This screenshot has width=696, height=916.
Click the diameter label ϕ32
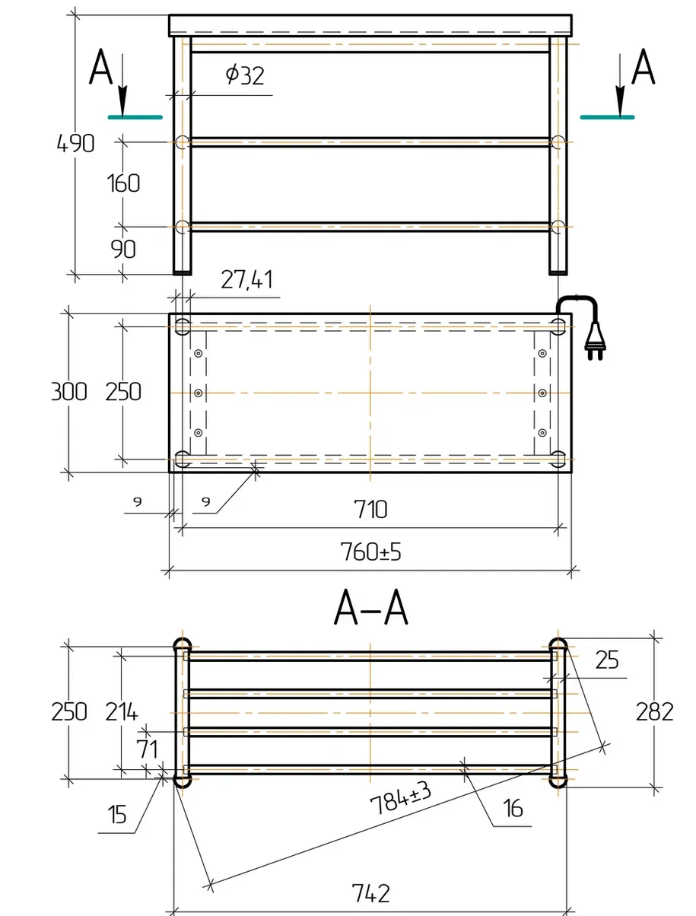[x=245, y=75]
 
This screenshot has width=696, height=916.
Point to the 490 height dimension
[x=75, y=143]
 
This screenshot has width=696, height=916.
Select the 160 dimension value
[x=123, y=183]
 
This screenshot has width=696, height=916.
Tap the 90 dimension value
[x=123, y=249]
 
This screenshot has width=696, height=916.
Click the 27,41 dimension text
[x=246, y=280]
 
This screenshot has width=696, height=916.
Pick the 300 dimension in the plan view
[x=69, y=392]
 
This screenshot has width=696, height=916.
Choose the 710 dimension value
[x=370, y=509]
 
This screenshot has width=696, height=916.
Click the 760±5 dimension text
[x=370, y=552]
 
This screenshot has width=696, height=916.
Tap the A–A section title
[x=370, y=607]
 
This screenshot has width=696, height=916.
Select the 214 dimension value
[x=121, y=711]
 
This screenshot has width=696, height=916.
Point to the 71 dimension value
[x=148, y=749]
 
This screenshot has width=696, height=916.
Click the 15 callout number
[x=117, y=814]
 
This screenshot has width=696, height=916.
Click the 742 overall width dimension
[x=370, y=893]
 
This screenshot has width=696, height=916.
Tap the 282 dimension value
[x=654, y=712]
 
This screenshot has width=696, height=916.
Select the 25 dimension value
[x=607, y=660]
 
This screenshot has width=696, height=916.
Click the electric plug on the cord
[x=595, y=342]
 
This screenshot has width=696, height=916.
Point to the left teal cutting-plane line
[x=135, y=117]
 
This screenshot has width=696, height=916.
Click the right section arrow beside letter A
[x=620, y=84]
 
